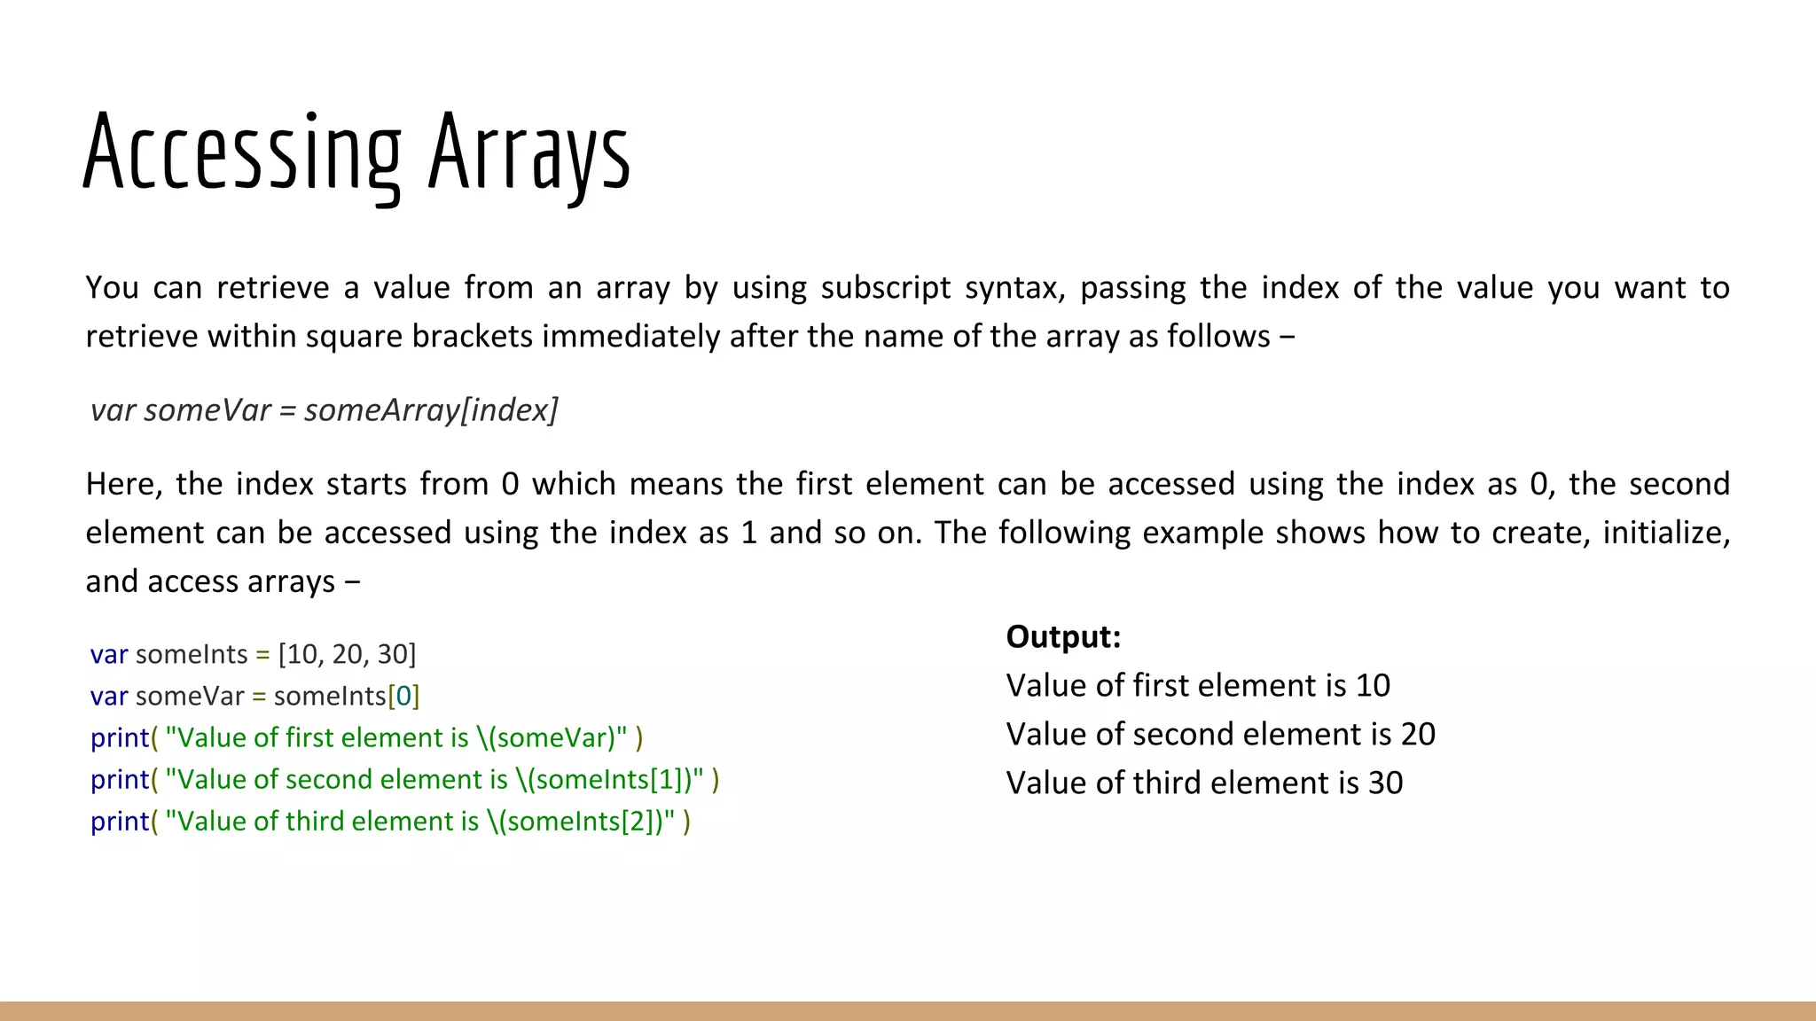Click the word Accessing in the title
click(x=242, y=153)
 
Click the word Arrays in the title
click(x=529, y=153)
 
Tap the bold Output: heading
click(x=1063, y=636)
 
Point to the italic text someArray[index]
click(x=431, y=409)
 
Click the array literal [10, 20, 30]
click(x=347, y=654)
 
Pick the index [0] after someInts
click(x=403, y=696)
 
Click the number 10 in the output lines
click(x=1373, y=685)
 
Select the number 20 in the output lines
click(x=1418, y=734)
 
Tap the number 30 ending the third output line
click(x=1385, y=783)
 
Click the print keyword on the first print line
click(x=120, y=737)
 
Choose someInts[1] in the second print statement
click(x=608, y=779)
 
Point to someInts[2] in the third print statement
click(x=579, y=821)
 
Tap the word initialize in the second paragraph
click(x=1662, y=533)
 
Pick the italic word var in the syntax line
click(x=113, y=409)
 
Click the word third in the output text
click(x=1161, y=783)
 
